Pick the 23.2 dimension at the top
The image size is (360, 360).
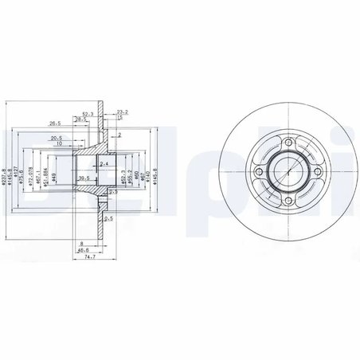click(x=122, y=112)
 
